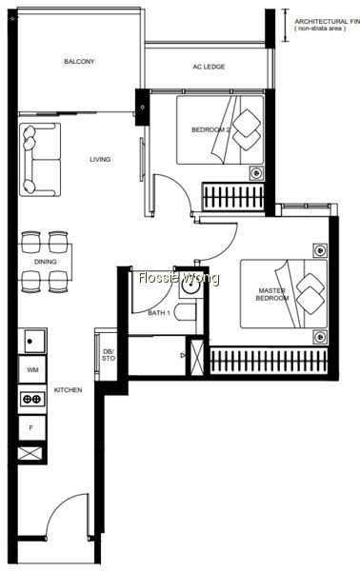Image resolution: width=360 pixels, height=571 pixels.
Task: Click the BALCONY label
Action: [79, 61]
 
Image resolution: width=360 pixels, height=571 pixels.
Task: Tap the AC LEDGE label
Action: [209, 67]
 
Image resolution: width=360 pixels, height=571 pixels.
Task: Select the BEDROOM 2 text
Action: [211, 129]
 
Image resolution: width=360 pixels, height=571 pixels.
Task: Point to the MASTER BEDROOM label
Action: [272, 294]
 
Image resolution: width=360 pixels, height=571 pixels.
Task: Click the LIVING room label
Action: [100, 159]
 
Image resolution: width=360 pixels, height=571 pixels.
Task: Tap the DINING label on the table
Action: [45, 262]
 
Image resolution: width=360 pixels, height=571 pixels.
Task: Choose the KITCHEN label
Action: [69, 390]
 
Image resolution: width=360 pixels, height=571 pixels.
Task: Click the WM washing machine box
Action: [32, 369]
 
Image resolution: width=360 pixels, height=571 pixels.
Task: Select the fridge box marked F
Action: [32, 428]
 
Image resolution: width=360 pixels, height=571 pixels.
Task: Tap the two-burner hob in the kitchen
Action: [32, 399]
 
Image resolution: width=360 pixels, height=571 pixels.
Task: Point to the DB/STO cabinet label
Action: [109, 355]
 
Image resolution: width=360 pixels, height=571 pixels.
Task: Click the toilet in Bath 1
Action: [185, 312]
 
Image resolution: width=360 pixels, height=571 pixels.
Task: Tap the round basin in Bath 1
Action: [190, 287]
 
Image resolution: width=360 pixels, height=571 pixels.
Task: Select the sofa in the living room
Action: [40, 160]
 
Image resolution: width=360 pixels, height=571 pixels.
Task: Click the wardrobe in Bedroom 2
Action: [233, 197]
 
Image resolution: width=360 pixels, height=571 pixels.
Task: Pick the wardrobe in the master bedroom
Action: [269, 361]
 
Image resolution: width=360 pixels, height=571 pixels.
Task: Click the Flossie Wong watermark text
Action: [179, 278]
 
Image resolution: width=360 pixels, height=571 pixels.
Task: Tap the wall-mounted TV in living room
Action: [142, 159]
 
